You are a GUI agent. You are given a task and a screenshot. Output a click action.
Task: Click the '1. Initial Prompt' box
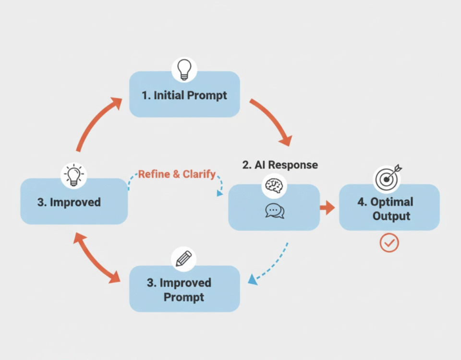[184, 95]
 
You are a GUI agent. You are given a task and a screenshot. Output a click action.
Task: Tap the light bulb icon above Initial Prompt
[184, 70]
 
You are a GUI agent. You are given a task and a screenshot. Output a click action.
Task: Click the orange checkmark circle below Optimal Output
[389, 243]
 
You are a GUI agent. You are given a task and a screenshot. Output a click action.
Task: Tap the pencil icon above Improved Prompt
[183, 259]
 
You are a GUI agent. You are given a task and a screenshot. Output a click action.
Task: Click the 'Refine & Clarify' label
[177, 174]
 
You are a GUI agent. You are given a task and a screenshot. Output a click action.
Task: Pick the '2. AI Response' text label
[280, 165]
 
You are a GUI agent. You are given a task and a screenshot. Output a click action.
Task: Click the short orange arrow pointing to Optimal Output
[328, 208]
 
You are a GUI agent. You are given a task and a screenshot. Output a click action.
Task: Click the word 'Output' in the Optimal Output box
[391, 216]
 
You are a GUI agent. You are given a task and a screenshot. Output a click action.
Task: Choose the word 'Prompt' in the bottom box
[183, 297]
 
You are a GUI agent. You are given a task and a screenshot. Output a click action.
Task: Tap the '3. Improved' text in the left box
[69, 202]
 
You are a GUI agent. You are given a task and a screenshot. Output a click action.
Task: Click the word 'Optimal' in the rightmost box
[392, 201]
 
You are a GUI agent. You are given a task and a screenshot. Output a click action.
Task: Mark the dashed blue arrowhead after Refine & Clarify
[220, 193]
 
